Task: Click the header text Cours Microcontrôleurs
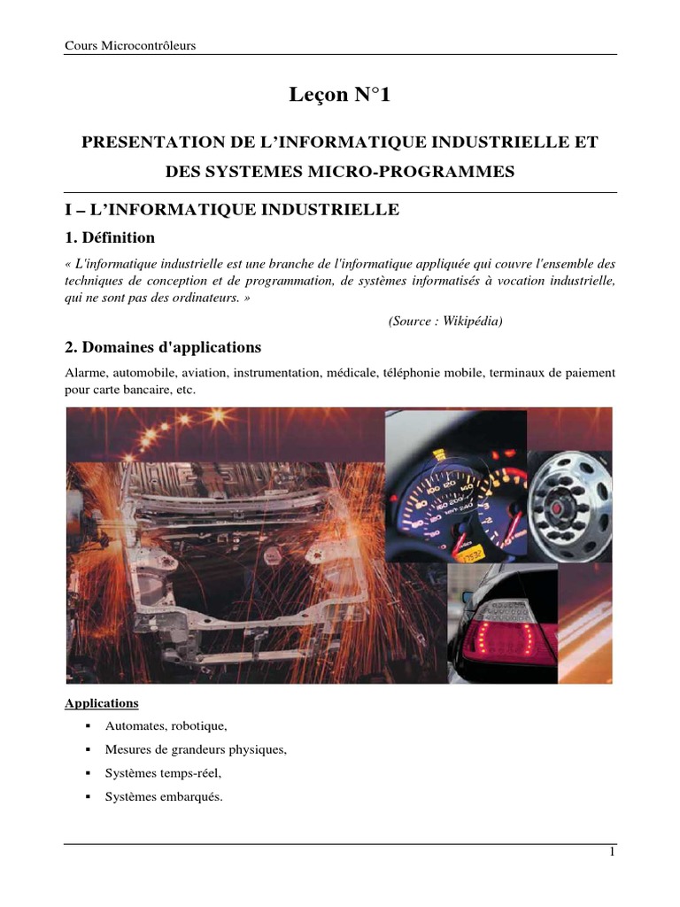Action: [x=130, y=46]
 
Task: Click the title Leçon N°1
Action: [x=339, y=96]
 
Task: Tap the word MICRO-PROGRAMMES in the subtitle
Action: [x=437, y=171]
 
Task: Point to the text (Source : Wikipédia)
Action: [x=445, y=321]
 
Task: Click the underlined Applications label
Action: [x=102, y=703]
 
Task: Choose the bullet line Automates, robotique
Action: [x=166, y=726]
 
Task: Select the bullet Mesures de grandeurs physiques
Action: [x=196, y=749]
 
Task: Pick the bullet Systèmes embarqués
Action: [x=164, y=796]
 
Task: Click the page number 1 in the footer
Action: [x=611, y=852]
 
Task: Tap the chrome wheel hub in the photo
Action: [x=569, y=507]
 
